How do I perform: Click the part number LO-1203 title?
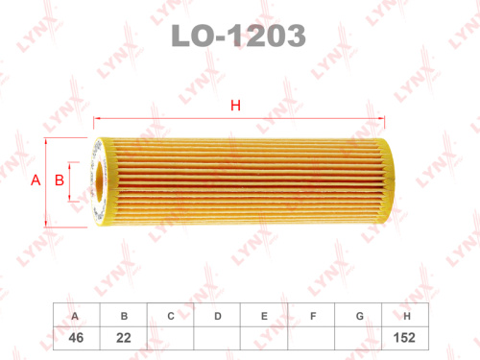(239, 36)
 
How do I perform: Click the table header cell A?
(75, 316)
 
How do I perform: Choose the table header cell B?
(123, 316)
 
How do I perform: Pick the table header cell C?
(170, 316)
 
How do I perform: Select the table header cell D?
(218, 316)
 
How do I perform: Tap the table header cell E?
(265, 316)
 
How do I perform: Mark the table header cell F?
(313, 316)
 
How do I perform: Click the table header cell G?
(360, 316)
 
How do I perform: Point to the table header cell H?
(408, 316)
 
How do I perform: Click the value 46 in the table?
(75, 337)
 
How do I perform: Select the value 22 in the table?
(123, 337)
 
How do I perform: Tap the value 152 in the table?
(408, 337)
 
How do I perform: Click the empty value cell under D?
(218, 337)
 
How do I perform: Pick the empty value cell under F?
(313, 337)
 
